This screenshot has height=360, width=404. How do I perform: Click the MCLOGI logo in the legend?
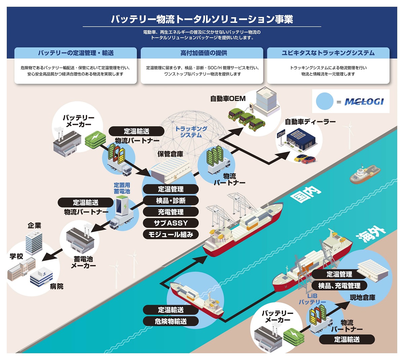pos(364,102)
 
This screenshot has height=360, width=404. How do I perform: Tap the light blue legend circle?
pos(325,101)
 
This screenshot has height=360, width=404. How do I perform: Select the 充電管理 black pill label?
pos(171,212)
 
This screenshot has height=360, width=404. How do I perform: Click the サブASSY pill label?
pos(171,223)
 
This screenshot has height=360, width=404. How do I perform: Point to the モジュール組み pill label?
pos(171,235)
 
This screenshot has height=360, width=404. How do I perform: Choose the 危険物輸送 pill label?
pos(171,321)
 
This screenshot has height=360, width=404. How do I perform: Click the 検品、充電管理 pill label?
pos(339,286)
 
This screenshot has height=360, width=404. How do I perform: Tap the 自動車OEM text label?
pos(228,99)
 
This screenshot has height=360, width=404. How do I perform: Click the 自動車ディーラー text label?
pos(310,121)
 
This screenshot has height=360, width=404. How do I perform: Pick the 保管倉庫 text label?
pos(170,154)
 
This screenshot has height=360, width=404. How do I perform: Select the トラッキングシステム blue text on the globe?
pos(191,132)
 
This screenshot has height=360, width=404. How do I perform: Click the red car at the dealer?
pos(308,160)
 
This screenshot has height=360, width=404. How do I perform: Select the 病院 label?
pos(57,286)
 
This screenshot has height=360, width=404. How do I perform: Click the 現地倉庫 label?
pos(363,298)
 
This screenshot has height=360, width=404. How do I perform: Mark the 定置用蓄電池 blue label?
pos(122,188)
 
